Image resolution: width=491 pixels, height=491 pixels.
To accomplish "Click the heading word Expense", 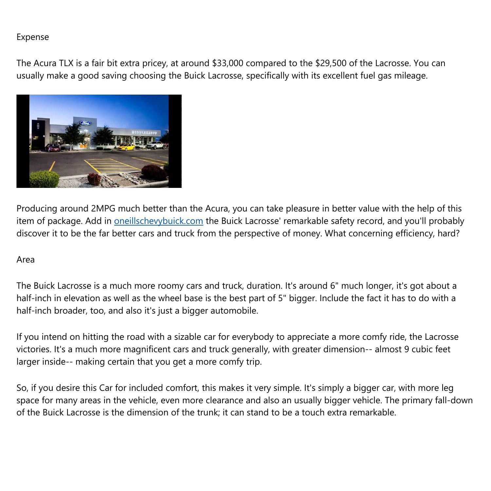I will pos(32,37).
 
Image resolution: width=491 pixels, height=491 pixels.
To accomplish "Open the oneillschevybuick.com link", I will pos(158,221).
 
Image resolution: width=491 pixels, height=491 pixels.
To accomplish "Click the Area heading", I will pos(26,260).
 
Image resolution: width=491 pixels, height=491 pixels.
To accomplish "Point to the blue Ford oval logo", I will pos(85,123).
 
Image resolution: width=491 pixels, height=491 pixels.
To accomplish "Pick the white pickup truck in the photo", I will pos(155,145).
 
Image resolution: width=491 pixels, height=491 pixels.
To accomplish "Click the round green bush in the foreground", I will pos(44,179).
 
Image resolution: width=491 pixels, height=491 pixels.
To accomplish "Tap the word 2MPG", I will pos(102,209).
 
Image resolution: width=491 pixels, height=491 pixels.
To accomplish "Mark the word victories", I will pos(33,349).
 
